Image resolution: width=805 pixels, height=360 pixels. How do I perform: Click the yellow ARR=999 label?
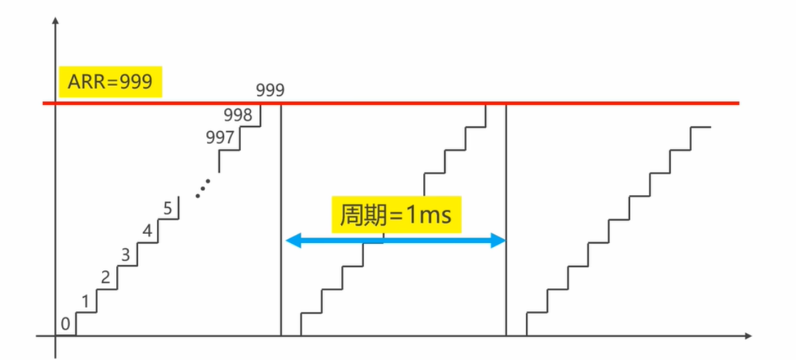110,83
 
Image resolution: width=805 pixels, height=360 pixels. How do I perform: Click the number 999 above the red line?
270,90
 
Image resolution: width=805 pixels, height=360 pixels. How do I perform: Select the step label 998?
238,115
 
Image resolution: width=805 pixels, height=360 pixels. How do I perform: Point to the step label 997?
220,138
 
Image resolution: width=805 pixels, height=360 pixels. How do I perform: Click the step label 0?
65,324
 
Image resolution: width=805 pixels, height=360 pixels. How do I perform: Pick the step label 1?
85,302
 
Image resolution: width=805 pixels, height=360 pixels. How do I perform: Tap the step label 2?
105,277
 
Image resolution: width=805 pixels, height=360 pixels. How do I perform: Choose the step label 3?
125,254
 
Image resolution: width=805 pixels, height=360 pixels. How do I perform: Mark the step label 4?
147,232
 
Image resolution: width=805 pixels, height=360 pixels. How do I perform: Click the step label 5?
168,208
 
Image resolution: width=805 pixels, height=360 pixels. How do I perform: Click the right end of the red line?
738,104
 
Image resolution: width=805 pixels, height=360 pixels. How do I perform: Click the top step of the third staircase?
700,127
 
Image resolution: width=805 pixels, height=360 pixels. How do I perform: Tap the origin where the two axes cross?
55,335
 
